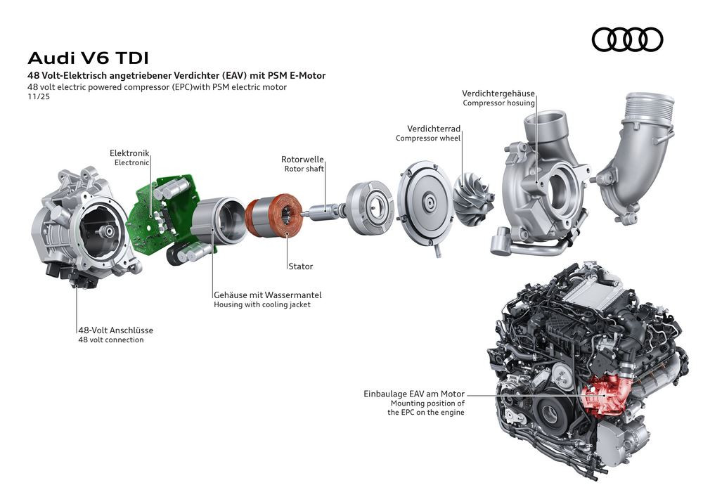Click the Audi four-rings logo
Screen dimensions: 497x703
click(627, 39)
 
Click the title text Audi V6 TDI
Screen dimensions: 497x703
click(88, 57)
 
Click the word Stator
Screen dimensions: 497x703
click(300, 266)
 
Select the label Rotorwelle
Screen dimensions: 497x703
click(302, 160)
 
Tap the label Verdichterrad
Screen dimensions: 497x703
click(434, 129)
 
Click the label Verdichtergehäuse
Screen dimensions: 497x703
click(498, 93)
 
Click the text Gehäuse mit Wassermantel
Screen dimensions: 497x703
click(267, 295)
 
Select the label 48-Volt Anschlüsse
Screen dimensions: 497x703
click(115, 330)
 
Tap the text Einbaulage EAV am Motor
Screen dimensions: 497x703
click(414, 394)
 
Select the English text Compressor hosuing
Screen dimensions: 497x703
click(498, 103)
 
